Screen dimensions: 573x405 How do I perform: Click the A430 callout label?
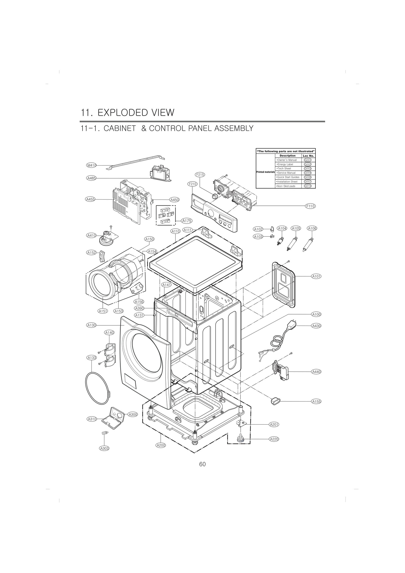click(x=316, y=326)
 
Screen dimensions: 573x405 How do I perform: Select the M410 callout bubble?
click(x=91, y=165)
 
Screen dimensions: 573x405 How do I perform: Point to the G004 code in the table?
click(x=308, y=173)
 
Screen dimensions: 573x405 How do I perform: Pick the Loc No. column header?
click(x=308, y=156)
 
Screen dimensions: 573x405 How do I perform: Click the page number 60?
click(x=202, y=471)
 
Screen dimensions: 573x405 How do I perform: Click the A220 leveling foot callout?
click(x=274, y=439)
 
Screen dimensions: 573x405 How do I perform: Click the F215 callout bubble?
click(x=200, y=175)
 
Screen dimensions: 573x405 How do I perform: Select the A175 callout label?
click(x=187, y=221)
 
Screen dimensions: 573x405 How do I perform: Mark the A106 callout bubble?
click(x=312, y=228)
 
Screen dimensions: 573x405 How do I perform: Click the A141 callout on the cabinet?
click(x=167, y=285)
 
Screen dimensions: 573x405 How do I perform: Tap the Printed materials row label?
click(x=265, y=172)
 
